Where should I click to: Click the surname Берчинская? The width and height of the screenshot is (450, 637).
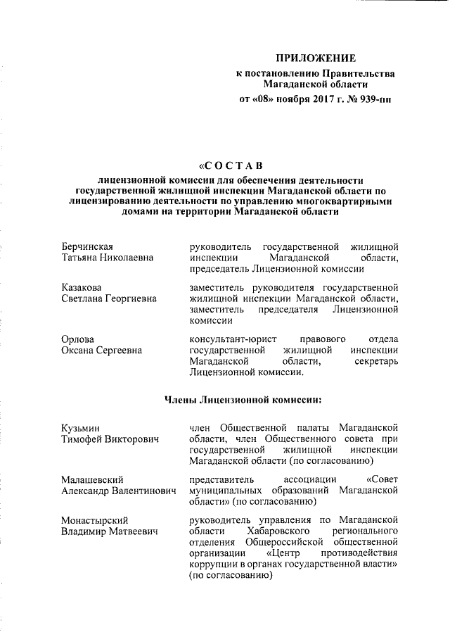(x=87, y=246)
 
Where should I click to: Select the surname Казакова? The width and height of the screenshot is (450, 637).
(x=81, y=288)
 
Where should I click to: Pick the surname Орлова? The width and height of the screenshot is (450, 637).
(x=77, y=340)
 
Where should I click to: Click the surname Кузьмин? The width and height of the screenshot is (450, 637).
(x=80, y=428)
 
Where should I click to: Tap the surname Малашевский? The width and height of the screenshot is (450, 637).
(x=91, y=480)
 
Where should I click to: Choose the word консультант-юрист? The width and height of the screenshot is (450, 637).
(x=231, y=340)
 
